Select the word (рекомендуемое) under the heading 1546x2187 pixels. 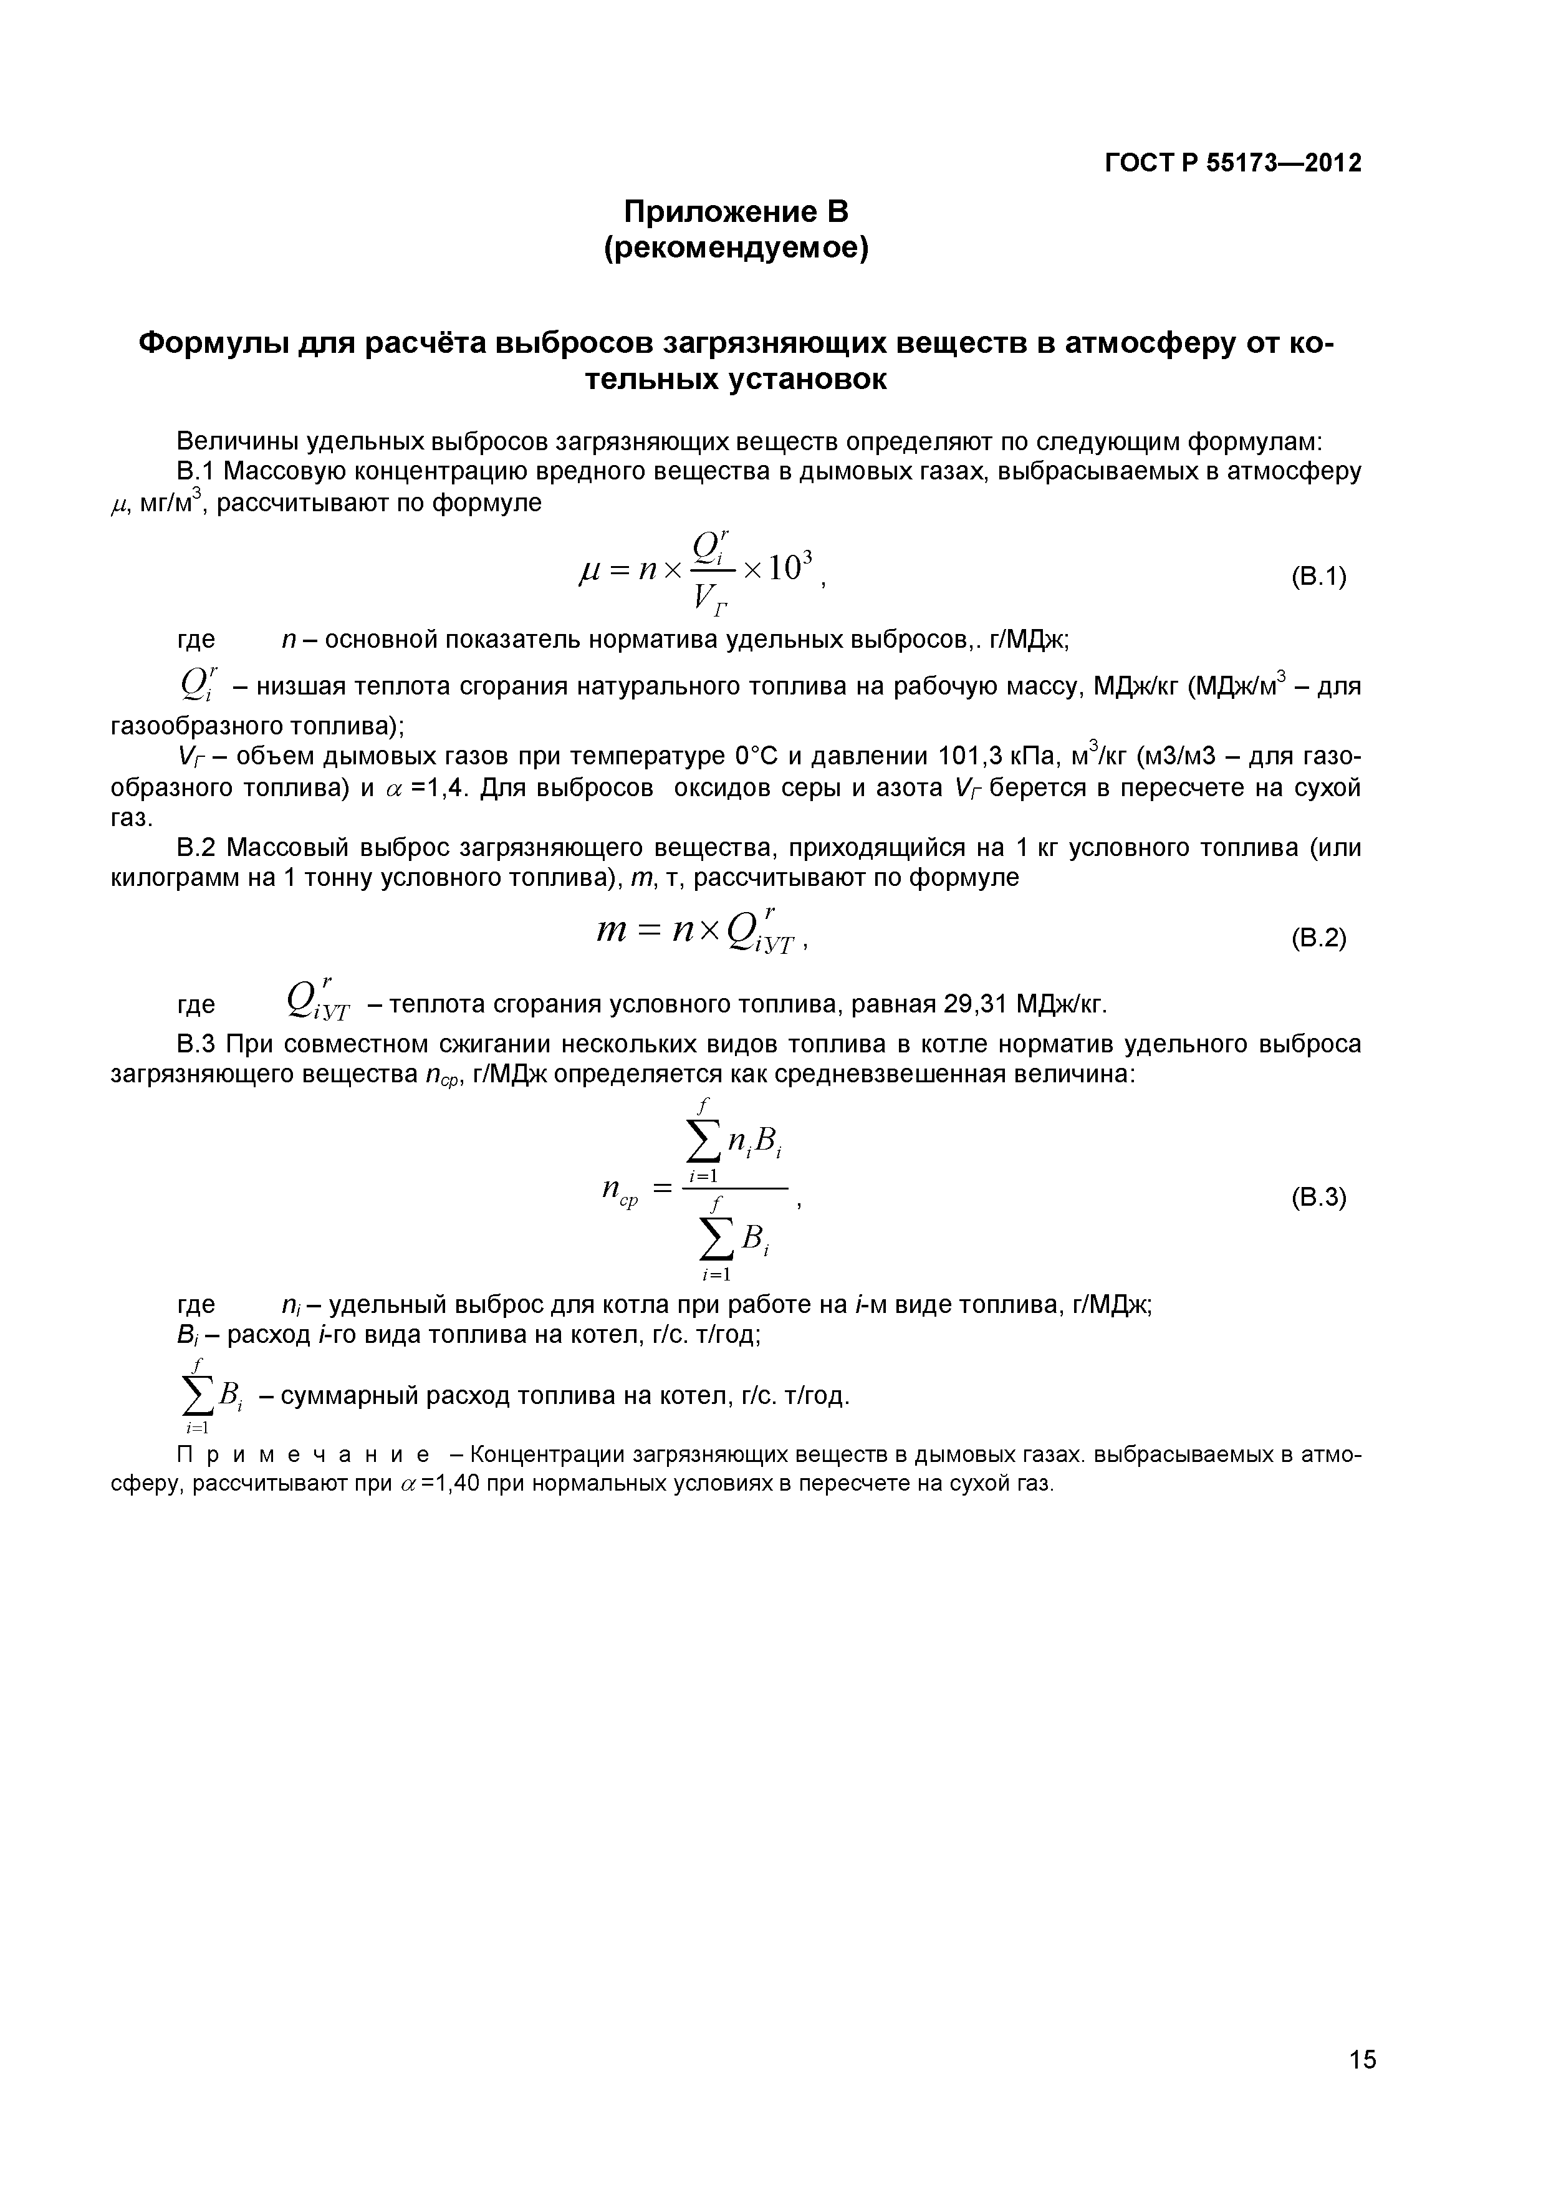click(736, 249)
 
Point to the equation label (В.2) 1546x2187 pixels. click(1318, 938)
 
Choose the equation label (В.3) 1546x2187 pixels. click(1318, 1198)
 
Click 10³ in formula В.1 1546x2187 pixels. click(790, 569)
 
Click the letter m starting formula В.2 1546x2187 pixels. click(610, 931)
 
